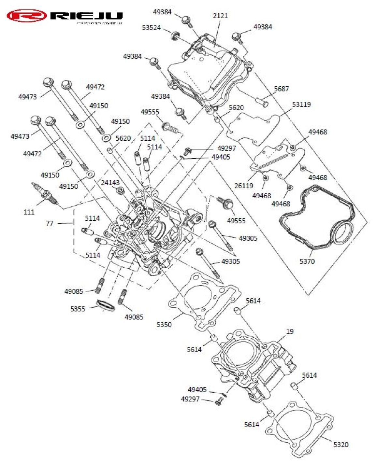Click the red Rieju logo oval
click(27, 16)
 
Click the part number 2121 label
click(220, 16)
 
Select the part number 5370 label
click(307, 261)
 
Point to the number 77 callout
click(50, 223)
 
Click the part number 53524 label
click(151, 28)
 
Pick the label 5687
click(281, 89)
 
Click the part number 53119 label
click(301, 105)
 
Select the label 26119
click(243, 186)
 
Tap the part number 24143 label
click(110, 183)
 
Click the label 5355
click(78, 309)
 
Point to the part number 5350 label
click(164, 324)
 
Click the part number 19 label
click(290, 331)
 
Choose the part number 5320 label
click(340, 444)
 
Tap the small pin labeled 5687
click(262, 102)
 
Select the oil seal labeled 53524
click(176, 35)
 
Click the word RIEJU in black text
click(86, 16)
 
